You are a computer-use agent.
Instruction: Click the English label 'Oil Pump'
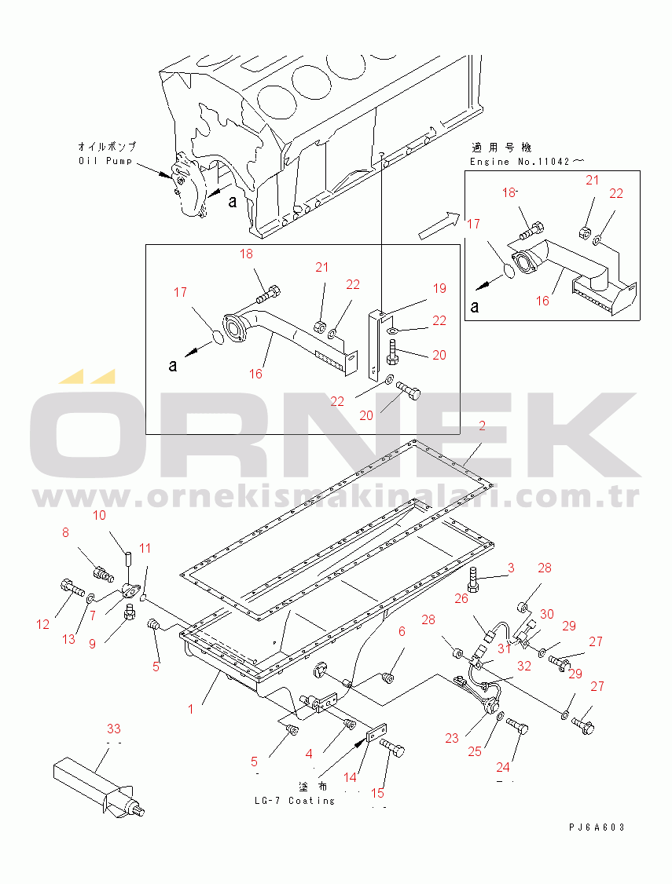point(105,161)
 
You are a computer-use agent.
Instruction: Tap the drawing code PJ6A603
point(597,827)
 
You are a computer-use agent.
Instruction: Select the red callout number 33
point(114,729)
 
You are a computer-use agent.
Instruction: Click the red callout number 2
point(482,426)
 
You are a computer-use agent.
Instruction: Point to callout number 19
point(439,288)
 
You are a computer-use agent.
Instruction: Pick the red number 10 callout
point(99,515)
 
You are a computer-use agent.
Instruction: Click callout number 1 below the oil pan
point(191,709)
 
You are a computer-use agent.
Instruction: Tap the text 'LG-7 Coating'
point(295,801)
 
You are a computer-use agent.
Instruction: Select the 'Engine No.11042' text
point(520,162)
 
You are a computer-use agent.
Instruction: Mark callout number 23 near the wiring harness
point(452,738)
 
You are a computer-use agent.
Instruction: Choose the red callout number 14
point(351,777)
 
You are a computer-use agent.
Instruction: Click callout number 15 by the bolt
point(377,793)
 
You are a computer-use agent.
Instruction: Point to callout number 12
point(43,624)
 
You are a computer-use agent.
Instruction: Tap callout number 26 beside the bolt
point(461,598)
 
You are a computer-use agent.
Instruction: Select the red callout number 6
point(402,631)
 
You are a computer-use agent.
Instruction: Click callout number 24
point(503,767)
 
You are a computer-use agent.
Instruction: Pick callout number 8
point(65,532)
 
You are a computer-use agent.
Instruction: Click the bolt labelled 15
point(393,749)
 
